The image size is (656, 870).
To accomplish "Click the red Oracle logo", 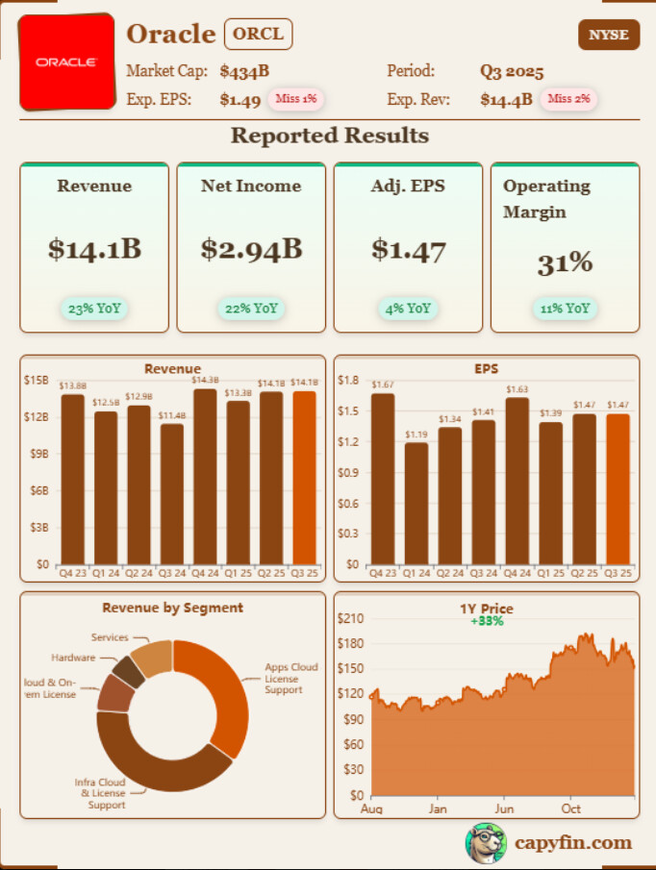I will [66, 62].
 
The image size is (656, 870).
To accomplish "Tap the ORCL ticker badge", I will [258, 35].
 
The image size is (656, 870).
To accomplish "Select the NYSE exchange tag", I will [608, 36].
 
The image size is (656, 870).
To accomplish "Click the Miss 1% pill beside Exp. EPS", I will [296, 98].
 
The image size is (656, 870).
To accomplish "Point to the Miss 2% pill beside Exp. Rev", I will [568, 98].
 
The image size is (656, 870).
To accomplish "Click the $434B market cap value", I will [244, 71].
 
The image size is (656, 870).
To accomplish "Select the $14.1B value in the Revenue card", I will [94, 249].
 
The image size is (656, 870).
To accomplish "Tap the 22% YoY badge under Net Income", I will [251, 309].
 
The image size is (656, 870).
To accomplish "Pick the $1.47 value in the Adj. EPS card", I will [409, 250].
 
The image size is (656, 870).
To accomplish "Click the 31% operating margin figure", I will [565, 262].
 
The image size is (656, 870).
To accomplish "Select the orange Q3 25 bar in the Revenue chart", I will [304, 478].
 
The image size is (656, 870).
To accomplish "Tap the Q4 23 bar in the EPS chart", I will [383, 479].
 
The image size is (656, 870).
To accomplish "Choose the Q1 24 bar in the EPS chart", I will [416, 504].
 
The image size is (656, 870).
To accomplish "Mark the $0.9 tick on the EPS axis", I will [347, 472].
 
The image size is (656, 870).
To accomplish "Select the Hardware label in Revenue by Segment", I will [73, 658].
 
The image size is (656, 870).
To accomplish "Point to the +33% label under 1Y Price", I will [487, 621].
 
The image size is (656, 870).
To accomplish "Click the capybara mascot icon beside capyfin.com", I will [486, 843].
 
